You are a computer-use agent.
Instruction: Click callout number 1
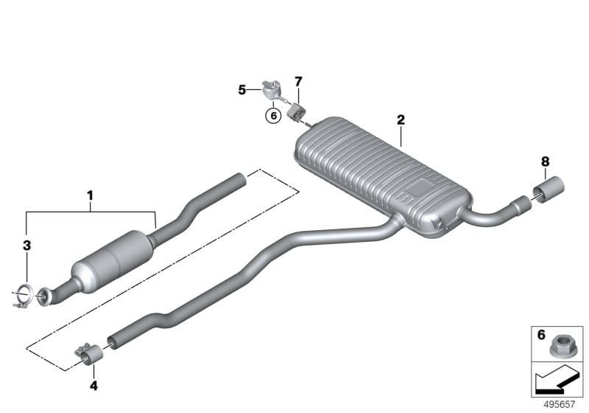tap(90, 196)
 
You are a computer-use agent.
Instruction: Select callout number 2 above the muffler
tap(401, 119)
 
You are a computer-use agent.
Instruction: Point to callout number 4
tap(93, 384)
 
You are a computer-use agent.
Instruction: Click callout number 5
tap(241, 90)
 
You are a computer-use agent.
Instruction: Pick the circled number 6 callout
tap(273, 115)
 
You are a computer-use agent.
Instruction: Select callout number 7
tap(298, 80)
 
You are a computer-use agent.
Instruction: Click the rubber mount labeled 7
tap(295, 113)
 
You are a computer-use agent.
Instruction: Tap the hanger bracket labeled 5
tap(269, 90)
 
